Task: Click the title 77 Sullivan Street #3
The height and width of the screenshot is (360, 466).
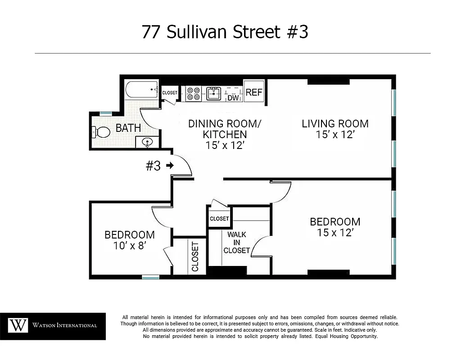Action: (x=225, y=32)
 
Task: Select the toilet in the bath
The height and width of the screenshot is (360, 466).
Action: (x=101, y=132)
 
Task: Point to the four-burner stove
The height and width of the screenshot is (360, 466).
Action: (x=193, y=93)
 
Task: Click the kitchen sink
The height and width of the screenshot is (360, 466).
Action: (x=214, y=93)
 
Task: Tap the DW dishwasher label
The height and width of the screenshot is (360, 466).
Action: (x=233, y=98)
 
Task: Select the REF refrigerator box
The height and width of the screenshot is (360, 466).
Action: (x=254, y=92)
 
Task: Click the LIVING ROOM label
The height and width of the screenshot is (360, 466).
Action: (x=335, y=124)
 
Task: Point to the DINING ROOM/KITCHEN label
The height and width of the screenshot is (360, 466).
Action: (x=225, y=129)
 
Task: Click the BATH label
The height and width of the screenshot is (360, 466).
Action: (x=128, y=128)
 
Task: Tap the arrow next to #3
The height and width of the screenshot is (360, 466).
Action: (x=170, y=166)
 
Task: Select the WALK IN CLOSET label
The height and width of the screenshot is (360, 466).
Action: (x=236, y=243)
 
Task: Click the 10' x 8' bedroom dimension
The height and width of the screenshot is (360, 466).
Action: (x=129, y=246)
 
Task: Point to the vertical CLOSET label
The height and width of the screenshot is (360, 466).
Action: (x=195, y=256)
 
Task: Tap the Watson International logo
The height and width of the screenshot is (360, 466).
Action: (x=53, y=325)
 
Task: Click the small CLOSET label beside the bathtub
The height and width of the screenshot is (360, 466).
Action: (x=170, y=93)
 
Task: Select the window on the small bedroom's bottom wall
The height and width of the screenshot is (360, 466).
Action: (x=151, y=277)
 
